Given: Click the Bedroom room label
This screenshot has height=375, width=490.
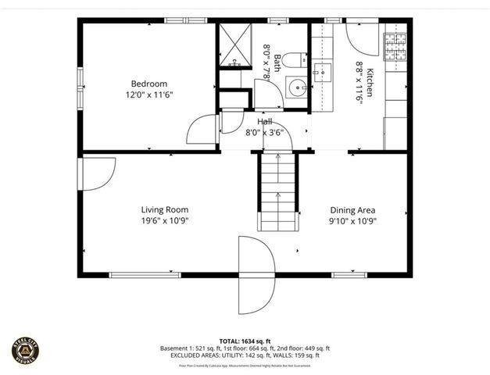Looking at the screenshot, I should [x=148, y=83].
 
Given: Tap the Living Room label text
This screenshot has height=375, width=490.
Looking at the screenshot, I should [x=164, y=209].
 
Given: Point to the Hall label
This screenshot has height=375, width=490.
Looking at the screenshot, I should [x=265, y=121].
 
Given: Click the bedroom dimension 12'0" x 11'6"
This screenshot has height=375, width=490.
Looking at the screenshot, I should [x=148, y=94].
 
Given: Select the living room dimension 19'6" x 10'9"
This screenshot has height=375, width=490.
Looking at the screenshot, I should [x=164, y=220].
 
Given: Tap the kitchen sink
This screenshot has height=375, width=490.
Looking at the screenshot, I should [x=321, y=73].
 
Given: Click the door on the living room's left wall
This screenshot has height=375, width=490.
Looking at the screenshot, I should [x=98, y=173].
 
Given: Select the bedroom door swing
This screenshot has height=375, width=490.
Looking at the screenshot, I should [x=203, y=129].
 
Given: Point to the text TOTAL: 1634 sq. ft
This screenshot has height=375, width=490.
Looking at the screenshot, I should [x=245, y=341].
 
